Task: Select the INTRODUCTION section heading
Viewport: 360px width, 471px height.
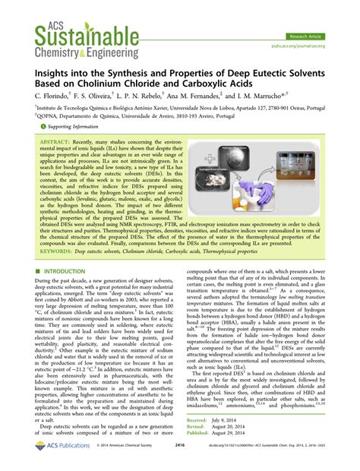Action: click(68, 270)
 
